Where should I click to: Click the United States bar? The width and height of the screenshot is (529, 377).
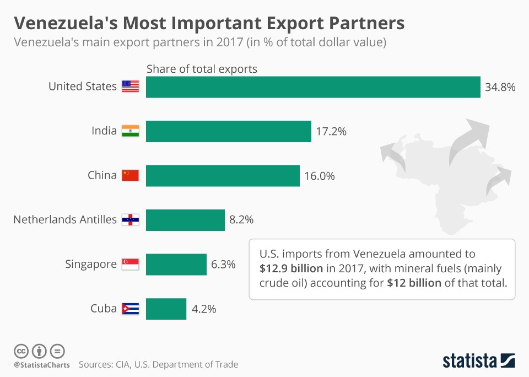coord(313,87)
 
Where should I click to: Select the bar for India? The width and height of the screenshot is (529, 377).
coord(228,131)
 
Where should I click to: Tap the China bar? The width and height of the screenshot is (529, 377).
coord(223,175)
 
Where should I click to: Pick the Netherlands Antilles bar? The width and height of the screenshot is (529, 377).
coord(185,219)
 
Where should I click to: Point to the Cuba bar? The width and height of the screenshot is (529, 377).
coord(166,309)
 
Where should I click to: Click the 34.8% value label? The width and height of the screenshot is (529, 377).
coord(500,87)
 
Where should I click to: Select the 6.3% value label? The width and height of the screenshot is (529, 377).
coord(223,265)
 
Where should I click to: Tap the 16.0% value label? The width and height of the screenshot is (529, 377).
coord(319,176)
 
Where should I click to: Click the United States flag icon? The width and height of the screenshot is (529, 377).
coord(131,87)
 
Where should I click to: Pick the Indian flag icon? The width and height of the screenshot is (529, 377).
coord(131,131)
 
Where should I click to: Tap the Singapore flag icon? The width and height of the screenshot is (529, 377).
coord(131,265)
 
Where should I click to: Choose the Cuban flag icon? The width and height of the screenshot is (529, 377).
coord(131,309)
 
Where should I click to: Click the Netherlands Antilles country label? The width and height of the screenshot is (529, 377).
coord(65,219)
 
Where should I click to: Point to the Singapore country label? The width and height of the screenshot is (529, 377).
coord(91,265)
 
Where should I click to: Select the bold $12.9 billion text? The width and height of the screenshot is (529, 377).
coord(293,269)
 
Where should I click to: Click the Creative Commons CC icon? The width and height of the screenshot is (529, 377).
coord(21,351)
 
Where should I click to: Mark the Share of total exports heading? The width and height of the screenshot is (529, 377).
coord(202,69)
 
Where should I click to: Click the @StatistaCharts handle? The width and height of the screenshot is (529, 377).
coord(41,364)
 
